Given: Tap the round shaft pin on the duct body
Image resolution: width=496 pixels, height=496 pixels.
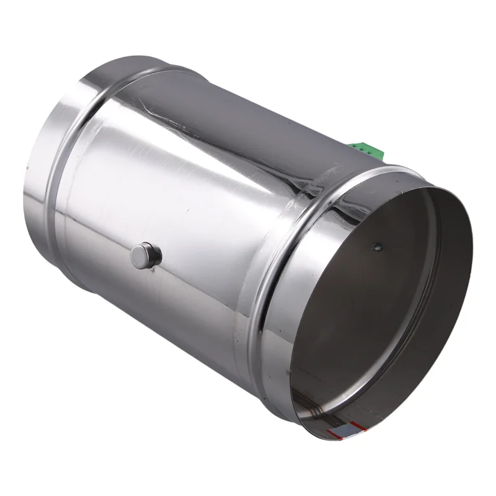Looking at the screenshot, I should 146,255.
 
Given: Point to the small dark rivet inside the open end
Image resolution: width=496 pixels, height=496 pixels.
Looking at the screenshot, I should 376,247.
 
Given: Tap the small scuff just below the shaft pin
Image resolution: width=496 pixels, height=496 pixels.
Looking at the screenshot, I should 149,276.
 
